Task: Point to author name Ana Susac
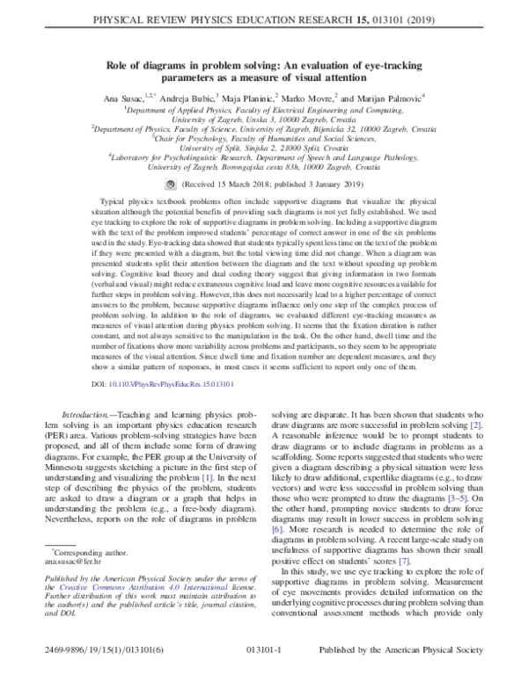click(x=123, y=98)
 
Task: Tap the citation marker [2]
click(x=475, y=424)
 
